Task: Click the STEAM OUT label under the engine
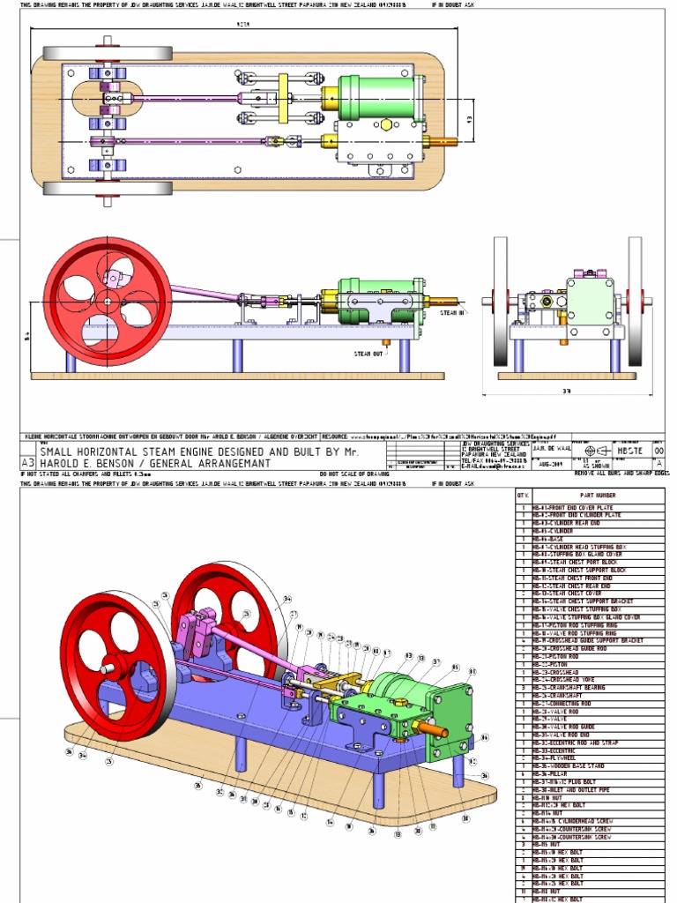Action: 368,354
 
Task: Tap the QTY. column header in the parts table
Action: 521,496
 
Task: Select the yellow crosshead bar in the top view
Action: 284,98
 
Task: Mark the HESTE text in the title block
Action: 629,450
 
